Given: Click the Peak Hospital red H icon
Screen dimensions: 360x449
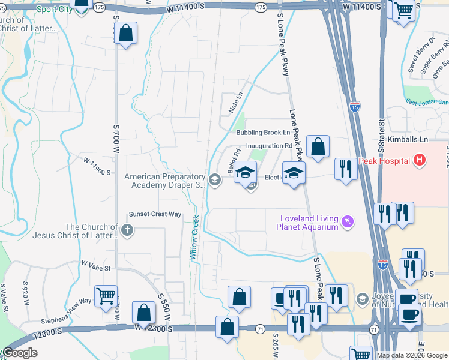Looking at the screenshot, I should coord(419,161).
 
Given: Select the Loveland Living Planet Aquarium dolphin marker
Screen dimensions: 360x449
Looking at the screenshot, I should coord(347,223).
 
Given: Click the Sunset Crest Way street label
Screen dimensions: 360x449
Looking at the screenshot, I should coord(155,214).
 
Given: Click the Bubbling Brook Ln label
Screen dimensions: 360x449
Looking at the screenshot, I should coord(263,133).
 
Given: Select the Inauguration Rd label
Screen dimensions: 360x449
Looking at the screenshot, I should coord(269,146).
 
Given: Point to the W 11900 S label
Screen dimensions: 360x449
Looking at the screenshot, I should coord(98,167).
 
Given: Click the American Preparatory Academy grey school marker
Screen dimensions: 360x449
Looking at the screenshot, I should coord(215,178).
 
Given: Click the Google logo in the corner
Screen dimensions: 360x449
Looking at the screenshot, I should coord(20,353).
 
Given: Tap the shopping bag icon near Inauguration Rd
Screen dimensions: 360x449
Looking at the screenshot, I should coord(318,146).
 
